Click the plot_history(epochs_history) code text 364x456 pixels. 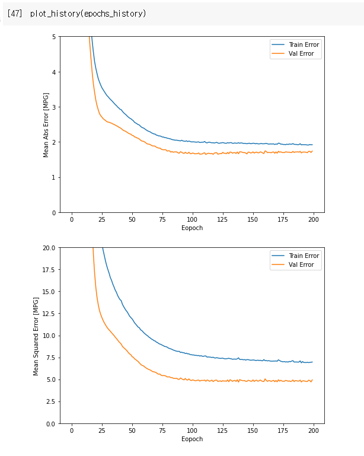coord(88,14)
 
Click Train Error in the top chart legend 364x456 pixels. coord(304,44)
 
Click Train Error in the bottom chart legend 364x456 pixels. coord(304,256)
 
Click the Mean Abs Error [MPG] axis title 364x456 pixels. coord(46,125)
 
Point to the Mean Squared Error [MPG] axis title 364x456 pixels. coord(36,336)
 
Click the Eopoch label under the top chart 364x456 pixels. coord(192,228)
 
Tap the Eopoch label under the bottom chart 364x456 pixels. coord(192,439)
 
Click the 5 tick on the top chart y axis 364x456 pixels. coord(53,37)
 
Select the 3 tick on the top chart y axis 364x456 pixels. coord(53,107)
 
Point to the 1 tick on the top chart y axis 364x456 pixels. coord(53,177)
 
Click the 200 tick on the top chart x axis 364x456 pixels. coord(314,219)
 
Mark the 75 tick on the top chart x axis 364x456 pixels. coord(162,219)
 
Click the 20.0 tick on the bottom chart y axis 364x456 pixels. coord(49,248)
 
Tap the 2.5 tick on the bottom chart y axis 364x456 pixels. coord(50,401)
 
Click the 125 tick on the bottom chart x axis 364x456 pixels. coord(223,431)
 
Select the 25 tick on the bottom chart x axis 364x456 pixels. coord(102,431)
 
